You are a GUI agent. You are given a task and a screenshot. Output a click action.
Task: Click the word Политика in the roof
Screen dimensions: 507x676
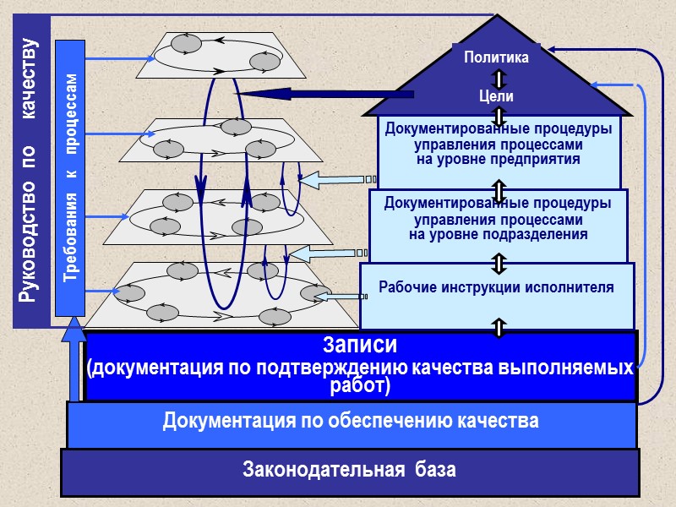497,57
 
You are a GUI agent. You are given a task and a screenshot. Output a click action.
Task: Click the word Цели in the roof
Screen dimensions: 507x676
496,97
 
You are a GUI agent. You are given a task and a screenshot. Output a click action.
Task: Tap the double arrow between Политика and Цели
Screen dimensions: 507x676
499,79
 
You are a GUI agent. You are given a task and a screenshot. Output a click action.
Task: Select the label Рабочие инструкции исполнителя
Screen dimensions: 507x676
497,286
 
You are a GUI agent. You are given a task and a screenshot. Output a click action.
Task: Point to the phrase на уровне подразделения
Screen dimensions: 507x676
499,234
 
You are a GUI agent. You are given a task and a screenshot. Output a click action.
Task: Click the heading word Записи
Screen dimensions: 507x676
360,346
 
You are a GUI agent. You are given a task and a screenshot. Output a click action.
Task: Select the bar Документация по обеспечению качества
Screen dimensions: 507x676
351,420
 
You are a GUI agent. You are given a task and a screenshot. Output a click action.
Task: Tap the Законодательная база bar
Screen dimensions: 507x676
350,470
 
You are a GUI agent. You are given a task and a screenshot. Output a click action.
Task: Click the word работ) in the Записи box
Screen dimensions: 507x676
360,387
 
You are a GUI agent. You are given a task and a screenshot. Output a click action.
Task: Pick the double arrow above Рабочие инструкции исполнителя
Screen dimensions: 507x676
499,263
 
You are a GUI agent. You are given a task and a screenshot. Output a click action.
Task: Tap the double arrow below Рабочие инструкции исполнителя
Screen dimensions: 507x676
499,327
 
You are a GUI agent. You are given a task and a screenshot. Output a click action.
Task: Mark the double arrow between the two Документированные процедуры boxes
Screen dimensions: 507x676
499,189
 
